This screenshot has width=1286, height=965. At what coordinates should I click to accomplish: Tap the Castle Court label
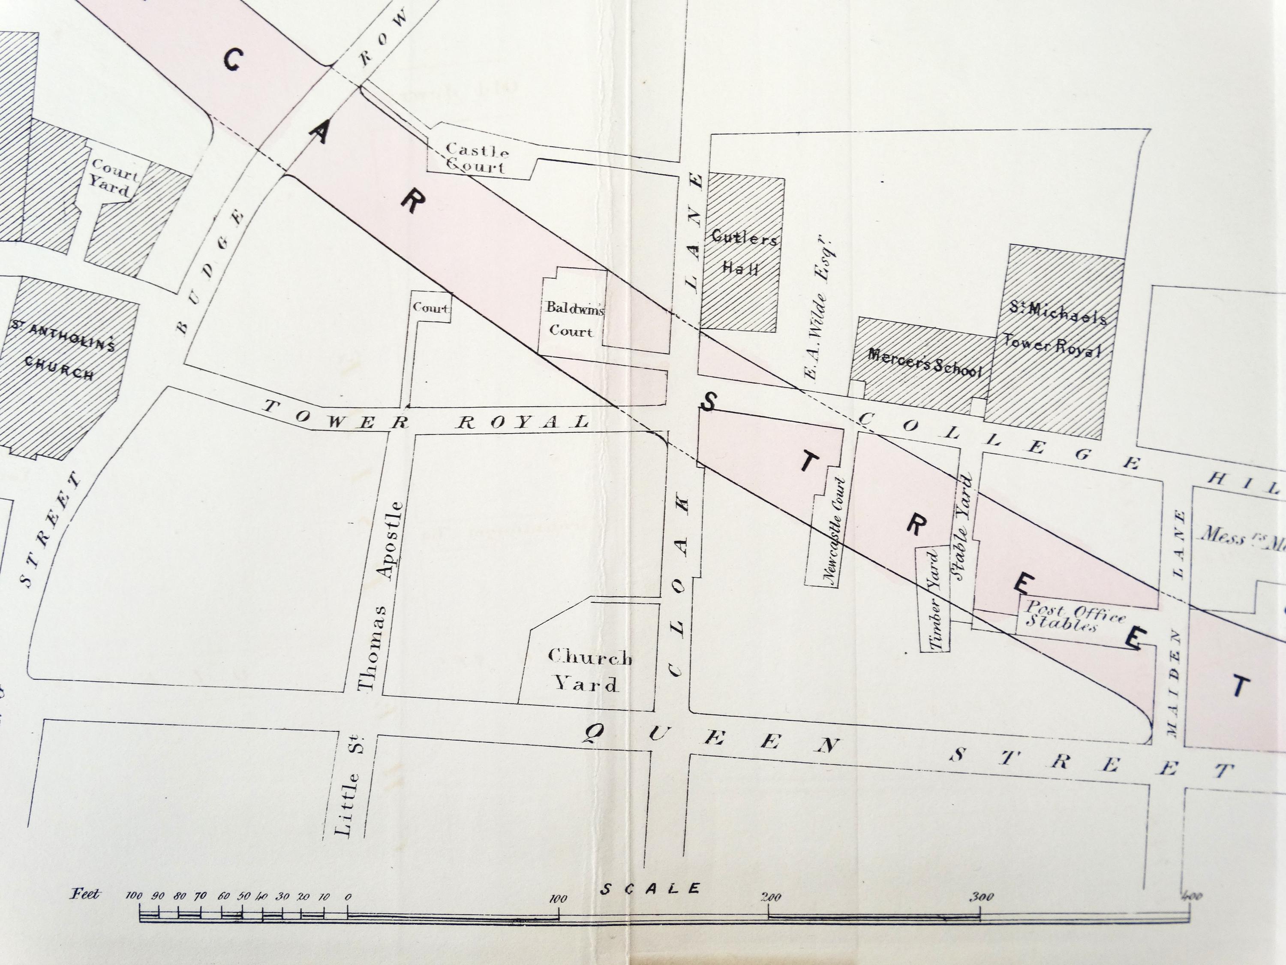click(477, 158)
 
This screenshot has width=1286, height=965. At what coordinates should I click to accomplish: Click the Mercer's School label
click(924, 362)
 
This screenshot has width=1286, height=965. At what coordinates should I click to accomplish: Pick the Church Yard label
click(589, 670)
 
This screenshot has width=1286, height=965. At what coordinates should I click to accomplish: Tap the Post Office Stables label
click(1074, 617)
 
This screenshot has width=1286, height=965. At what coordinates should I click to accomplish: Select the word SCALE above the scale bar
click(650, 889)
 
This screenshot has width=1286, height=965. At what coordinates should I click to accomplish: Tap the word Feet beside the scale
click(85, 893)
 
